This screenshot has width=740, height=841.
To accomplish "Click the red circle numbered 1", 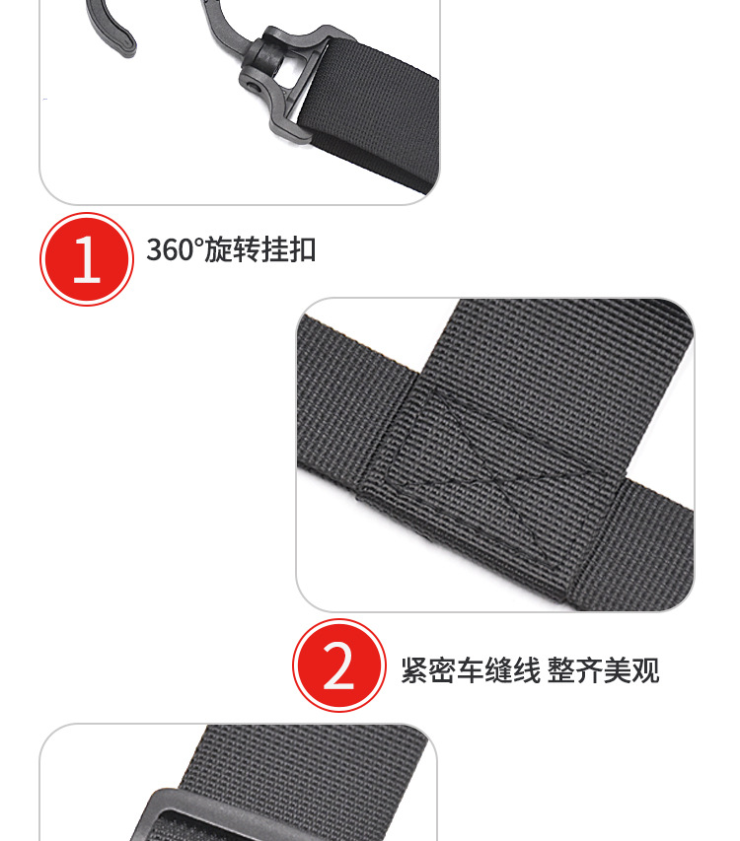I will pyautogui.click(x=86, y=259).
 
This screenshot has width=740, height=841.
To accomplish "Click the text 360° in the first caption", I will pyautogui.click(x=173, y=249).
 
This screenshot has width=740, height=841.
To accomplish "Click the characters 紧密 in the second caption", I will pyautogui.click(x=425, y=671).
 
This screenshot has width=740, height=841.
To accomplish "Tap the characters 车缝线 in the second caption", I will pyautogui.click(x=497, y=671).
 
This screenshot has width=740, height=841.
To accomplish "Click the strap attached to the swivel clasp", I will pyautogui.click(x=375, y=108).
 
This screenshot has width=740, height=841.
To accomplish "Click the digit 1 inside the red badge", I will pyautogui.click(x=87, y=260).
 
